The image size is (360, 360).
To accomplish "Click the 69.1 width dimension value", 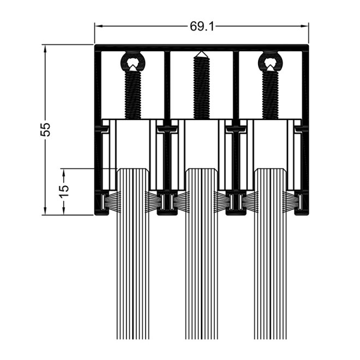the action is [202, 26].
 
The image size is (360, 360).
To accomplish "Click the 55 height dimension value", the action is [45, 130].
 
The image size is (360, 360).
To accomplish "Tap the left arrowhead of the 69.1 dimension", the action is [99, 26].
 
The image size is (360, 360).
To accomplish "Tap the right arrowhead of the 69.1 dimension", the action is [305, 26].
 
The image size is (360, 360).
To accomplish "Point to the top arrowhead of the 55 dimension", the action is [45, 49].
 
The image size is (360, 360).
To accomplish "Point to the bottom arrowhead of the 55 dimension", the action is [45, 211].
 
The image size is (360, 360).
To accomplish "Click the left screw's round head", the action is [133, 62].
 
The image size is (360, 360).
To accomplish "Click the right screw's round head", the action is [271, 62].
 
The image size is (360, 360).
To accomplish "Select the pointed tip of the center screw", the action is [202, 52].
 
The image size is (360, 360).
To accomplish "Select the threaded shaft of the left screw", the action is [133, 95].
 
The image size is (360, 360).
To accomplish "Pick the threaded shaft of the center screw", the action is [202, 87].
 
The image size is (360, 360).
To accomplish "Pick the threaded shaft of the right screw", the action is [271, 95].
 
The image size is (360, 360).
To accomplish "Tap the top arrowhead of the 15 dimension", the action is [64, 173].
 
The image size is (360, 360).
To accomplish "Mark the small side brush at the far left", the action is [111, 202].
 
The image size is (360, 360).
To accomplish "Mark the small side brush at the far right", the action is [292, 202].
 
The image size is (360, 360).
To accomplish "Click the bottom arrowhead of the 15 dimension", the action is [64, 211].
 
